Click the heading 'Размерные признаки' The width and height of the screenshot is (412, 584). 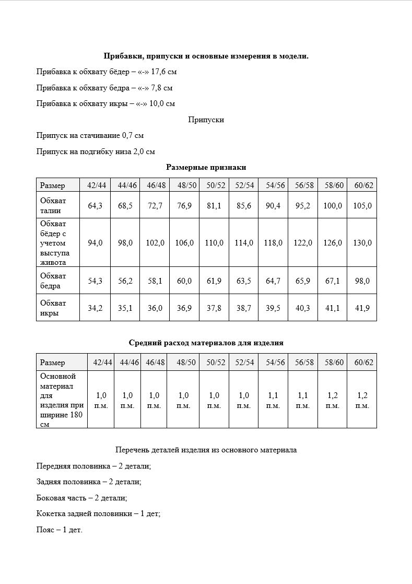pyautogui.click(x=206, y=167)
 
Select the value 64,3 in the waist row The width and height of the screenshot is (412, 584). pyautogui.click(x=95, y=206)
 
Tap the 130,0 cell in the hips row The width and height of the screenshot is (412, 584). pyautogui.click(x=362, y=243)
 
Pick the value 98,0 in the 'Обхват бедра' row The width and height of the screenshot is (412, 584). pyautogui.click(x=362, y=281)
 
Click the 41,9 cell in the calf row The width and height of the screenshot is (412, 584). pyautogui.click(x=362, y=308)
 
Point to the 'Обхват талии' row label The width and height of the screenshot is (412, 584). pyautogui.click(x=53, y=206)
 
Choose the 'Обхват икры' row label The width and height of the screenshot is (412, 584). pyautogui.click(x=53, y=308)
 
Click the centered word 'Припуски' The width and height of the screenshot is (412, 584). pyautogui.click(x=206, y=120)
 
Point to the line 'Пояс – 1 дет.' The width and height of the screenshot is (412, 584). pyautogui.click(x=60, y=530)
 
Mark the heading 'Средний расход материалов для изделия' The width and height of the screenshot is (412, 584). pyautogui.click(x=206, y=343)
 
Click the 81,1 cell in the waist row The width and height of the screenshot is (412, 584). pyautogui.click(x=214, y=206)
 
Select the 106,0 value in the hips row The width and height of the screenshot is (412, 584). pyautogui.click(x=184, y=243)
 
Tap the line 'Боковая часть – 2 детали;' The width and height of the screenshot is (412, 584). pyautogui.click(x=82, y=498)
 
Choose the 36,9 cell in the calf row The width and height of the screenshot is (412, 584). pyautogui.click(x=184, y=308)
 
